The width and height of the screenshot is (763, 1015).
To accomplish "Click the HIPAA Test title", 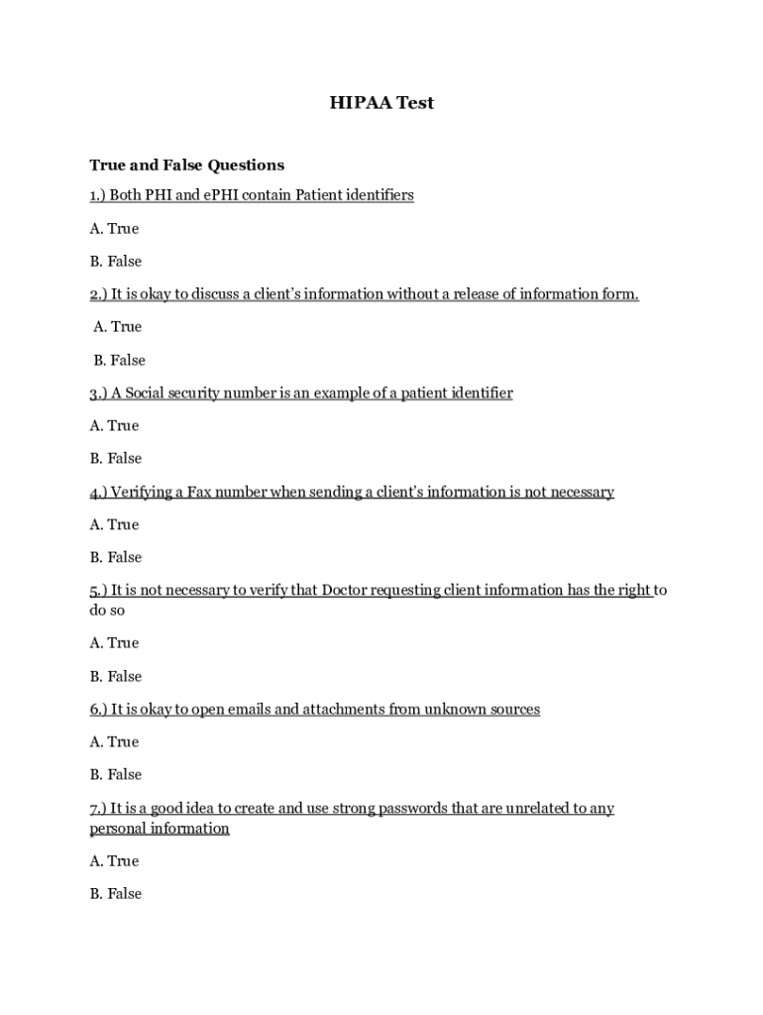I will [381, 103].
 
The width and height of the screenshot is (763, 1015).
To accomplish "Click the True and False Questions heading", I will [186, 165].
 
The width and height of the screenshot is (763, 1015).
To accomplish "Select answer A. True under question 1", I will [114, 228].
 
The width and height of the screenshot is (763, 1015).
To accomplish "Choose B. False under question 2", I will [119, 360].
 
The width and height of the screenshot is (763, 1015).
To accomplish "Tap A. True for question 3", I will [114, 425].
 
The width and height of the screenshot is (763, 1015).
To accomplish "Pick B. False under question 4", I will [115, 557].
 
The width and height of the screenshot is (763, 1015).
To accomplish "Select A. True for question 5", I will [114, 642].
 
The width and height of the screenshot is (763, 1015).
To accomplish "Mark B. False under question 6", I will [115, 774].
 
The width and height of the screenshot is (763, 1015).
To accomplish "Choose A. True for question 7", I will [114, 860].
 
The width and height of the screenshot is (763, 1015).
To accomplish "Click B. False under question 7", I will [115, 893].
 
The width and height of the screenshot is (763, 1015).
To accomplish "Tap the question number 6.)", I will [98, 709].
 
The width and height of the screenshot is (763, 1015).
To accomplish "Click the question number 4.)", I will [98, 492].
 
